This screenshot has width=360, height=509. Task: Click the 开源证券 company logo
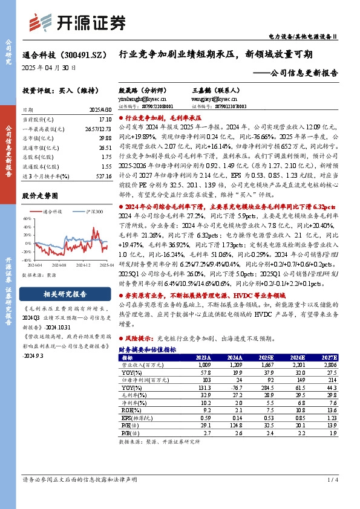pos(79,22)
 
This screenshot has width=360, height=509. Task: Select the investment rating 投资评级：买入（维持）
pos(56,89)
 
